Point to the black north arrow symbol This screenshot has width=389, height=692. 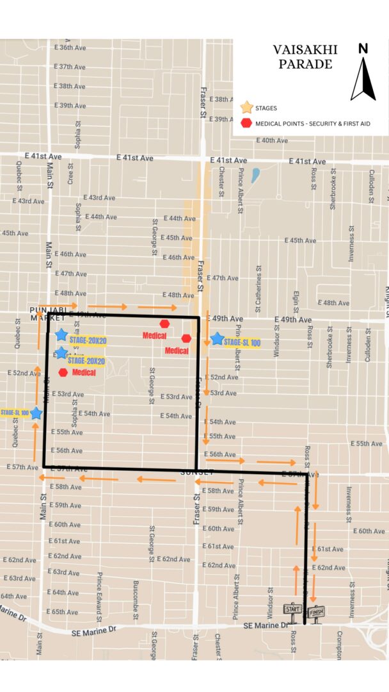coord(363,79)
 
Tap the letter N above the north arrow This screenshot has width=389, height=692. coord(363,49)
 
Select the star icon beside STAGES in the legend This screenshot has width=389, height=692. coord(246,108)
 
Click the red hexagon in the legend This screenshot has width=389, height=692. coord(246,123)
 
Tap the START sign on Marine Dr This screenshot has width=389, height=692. coord(292,609)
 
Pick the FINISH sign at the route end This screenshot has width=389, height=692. coord(317,611)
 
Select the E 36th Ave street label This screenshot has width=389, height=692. coord(70,48)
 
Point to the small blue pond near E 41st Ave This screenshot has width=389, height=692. coord(256,176)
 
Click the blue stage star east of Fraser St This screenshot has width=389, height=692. coord(217,339)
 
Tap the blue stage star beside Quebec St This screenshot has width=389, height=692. coord(36,414)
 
